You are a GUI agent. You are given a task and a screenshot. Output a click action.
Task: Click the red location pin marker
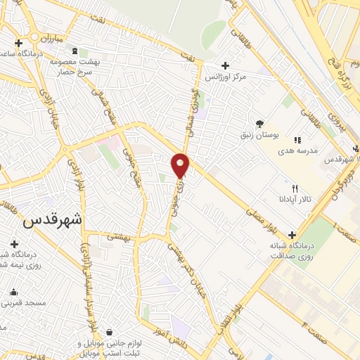coord(180,165)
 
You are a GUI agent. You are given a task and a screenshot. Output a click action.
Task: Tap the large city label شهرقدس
coord(52,219)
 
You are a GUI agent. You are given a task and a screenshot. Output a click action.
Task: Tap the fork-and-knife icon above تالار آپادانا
coord(295,188)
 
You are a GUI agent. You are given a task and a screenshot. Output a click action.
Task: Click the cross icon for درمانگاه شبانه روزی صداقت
coord(292,236)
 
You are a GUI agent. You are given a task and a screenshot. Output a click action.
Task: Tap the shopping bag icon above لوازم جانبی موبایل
coord(110,331)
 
